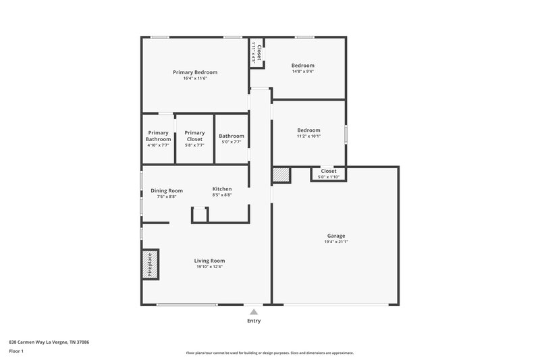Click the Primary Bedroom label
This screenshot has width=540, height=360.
(195, 72)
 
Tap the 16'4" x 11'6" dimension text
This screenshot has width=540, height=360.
(195, 78)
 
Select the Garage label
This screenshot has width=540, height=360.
(336, 236)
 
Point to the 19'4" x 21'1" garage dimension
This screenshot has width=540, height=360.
(336, 242)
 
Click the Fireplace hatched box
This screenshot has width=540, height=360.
(150, 264)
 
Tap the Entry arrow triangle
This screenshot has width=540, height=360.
(254, 312)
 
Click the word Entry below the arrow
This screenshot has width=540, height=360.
(254, 321)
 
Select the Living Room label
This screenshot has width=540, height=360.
(209, 261)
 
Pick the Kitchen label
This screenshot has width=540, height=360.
(222, 189)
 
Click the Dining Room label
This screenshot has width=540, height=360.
(167, 190)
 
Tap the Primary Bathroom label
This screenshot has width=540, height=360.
(158, 136)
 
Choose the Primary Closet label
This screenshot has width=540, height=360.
(194, 136)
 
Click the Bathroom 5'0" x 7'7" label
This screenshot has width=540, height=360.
(232, 136)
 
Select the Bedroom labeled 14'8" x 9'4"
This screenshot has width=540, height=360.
(303, 66)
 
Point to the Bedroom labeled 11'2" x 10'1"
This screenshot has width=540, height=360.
(309, 130)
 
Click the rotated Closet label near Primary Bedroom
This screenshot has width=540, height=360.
(257, 53)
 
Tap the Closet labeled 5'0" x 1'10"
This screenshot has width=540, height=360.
(329, 171)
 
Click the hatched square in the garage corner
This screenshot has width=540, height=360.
(281, 175)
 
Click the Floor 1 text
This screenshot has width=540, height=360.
(16, 351)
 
